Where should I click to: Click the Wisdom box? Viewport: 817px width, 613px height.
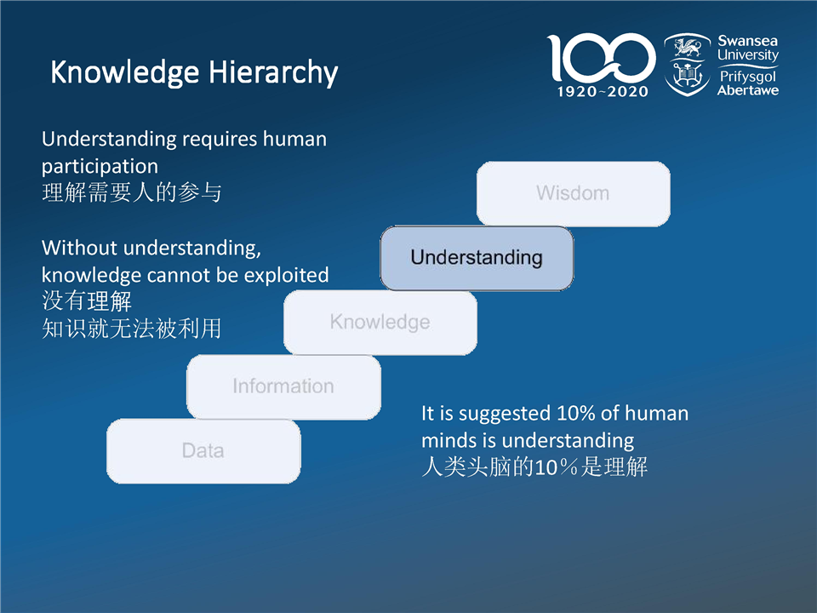573,193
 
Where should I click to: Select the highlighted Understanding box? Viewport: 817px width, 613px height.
477,258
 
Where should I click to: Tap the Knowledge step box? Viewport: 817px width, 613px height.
380,322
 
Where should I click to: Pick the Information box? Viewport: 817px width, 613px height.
283,387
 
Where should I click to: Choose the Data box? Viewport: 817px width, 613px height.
203,451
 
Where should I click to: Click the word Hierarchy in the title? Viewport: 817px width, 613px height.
273,72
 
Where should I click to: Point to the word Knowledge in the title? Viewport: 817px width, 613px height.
124,72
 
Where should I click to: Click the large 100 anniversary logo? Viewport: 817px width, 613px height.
601,57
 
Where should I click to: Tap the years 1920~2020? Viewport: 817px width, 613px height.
603,92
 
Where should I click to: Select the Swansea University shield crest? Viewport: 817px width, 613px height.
688,65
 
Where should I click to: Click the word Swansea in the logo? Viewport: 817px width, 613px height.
747,41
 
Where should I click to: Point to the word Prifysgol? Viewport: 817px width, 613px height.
748,77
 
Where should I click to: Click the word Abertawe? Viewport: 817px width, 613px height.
748,91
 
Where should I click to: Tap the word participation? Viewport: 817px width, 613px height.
100,167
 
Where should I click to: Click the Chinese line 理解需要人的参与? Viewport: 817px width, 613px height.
132,192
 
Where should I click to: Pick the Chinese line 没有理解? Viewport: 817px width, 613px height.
87,301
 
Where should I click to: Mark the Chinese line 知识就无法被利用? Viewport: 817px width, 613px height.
132,329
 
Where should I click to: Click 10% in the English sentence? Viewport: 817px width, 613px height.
576,414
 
